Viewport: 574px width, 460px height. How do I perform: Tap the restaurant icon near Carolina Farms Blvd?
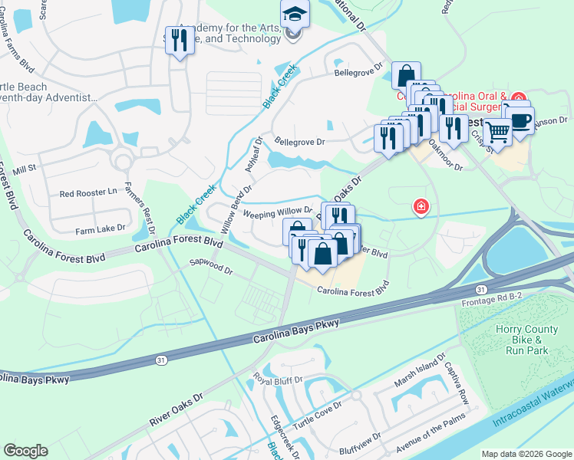tap(180, 41)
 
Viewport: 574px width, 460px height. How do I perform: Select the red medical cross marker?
tap(421, 206)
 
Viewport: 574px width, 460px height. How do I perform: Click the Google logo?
tap(25, 451)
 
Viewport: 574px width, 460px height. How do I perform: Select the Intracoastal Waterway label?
tap(529, 404)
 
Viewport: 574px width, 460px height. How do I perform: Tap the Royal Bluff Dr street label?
tap(279, 379)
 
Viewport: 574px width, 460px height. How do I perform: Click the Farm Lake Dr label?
tap(100, 229)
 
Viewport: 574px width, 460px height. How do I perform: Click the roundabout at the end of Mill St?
tap(121, 161)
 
